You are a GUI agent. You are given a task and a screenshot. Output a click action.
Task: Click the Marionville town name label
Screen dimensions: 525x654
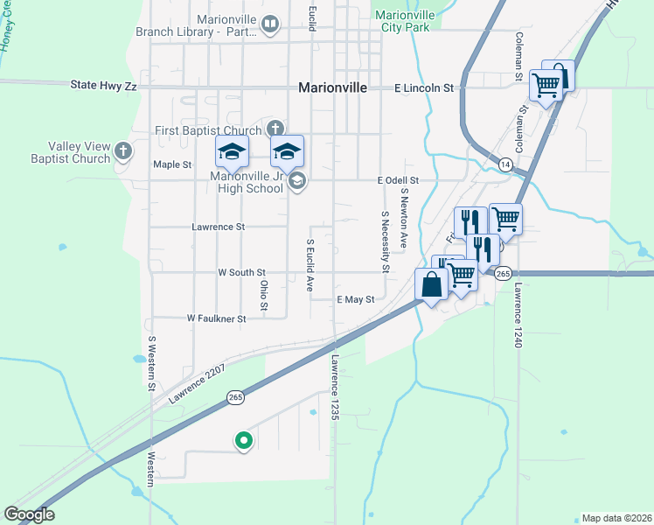coord(332,87)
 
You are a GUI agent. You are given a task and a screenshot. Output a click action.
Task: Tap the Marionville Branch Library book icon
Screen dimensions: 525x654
coord(270,24)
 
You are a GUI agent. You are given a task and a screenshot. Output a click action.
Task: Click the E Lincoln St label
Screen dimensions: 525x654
coord(425,88)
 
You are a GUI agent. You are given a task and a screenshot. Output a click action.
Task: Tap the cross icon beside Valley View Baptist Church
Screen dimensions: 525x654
coord(123,150)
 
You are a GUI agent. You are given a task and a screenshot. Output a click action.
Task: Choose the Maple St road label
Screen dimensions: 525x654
coord(171,164)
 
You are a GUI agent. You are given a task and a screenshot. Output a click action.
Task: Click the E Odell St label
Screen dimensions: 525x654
coord(399,180)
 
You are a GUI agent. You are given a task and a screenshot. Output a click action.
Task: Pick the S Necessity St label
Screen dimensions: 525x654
coord(385,241)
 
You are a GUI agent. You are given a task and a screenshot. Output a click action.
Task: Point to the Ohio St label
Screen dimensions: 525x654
coord(263,294)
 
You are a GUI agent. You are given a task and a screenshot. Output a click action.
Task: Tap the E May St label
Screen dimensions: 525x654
coord(356,299)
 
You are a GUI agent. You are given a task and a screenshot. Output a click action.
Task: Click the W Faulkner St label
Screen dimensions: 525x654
coord(216,319)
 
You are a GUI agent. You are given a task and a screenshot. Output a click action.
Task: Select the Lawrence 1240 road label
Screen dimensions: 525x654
coord(518,316)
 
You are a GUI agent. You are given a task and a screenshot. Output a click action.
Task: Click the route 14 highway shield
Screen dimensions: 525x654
coord(505,164)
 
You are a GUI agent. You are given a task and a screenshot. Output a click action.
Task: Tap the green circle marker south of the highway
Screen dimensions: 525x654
coord(244,441)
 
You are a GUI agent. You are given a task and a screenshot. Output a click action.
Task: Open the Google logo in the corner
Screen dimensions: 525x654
coord(30,514)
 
